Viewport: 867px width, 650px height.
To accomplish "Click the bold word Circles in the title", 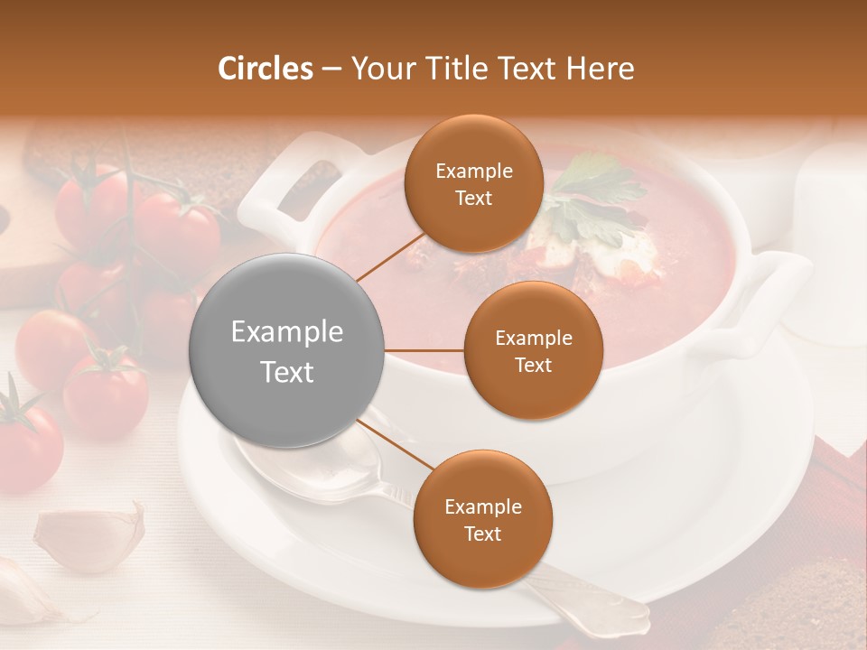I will (265, 69).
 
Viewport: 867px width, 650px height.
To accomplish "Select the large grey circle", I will (287, 351).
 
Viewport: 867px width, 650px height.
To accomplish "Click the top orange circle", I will (473, 184).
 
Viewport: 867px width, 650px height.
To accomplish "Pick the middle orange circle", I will (533, 351).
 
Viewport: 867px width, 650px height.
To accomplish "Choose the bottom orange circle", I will (482, 520).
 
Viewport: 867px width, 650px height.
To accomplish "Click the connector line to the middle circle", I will (424, 350).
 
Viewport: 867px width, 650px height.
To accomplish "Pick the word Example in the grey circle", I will (287, 332).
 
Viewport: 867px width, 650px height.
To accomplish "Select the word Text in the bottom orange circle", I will (482, 534).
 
